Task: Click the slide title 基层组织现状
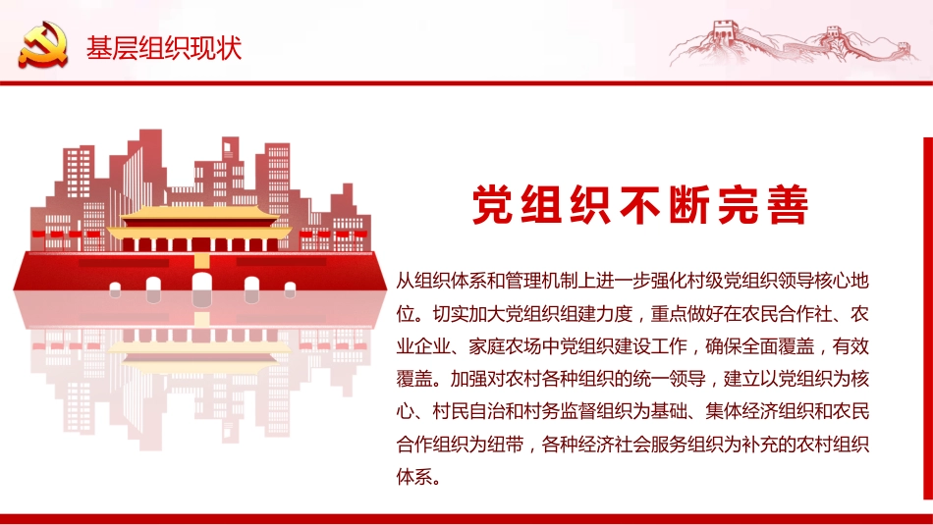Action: pyautogui.click(x=163, y=48)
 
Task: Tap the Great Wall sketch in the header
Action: pyautogui.click(x=785, y=43)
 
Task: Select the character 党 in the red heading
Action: pyautogui.click(x=493, y=206)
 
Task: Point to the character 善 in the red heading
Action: pyautogui.click(x=786, y=206)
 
